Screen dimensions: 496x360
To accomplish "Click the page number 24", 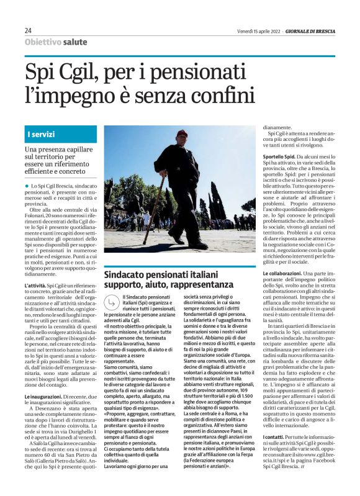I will (x=29, y=30).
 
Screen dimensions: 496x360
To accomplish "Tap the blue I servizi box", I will (x=60, y=134).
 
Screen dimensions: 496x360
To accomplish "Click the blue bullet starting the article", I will (x=27, y=186).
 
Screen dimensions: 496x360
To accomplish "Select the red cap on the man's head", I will (x=181, y=133).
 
